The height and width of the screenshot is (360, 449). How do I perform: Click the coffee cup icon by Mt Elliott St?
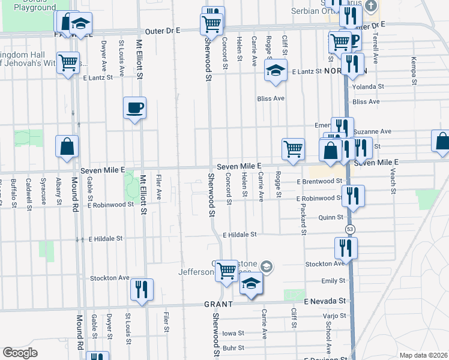click(134, 108)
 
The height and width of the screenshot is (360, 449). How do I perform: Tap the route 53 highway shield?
click(349, 229)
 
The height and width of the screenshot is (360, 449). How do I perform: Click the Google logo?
click(20, 353)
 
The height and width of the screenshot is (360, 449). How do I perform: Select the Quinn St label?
click(331, 217)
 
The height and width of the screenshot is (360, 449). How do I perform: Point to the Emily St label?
click(333, 281)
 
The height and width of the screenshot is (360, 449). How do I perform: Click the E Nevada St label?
click(325, 301)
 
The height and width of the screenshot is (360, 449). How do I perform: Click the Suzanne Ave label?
click(372, 131)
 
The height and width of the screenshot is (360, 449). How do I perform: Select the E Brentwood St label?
click(319, 181)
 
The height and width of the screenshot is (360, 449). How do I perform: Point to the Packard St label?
click(304, 219)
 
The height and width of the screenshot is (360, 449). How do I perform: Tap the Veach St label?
click(394, 181)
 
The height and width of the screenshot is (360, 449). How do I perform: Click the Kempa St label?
click(414, 67)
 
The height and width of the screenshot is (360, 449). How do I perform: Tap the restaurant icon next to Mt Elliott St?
click(142, 289)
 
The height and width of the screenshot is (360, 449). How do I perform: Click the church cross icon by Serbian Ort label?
click(371, 7)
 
